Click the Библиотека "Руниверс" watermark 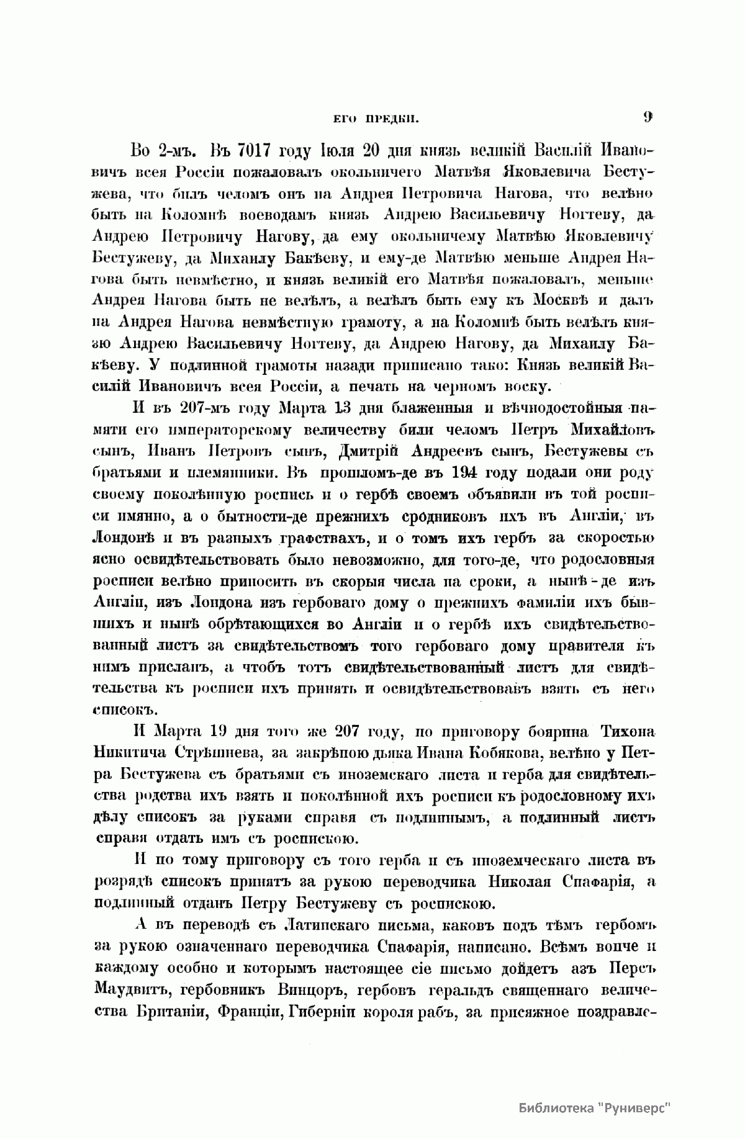595,1107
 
